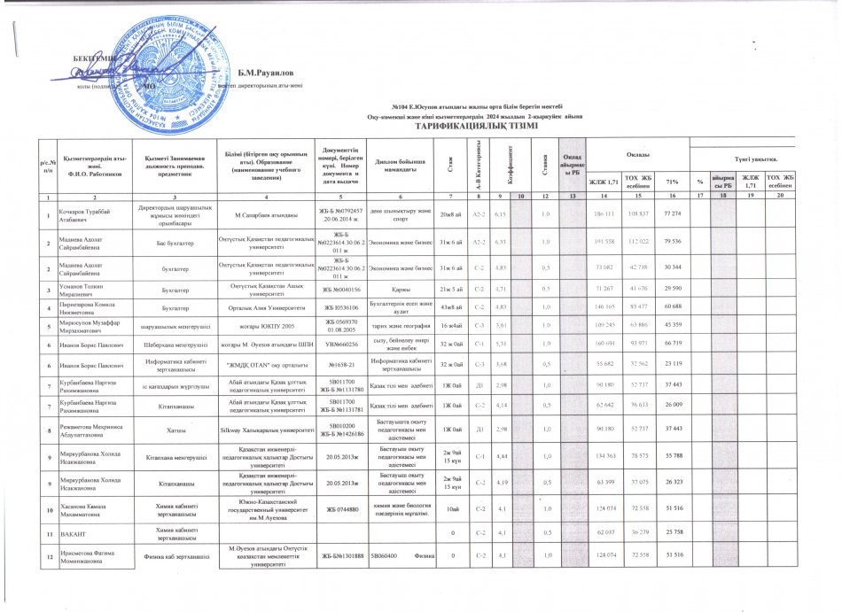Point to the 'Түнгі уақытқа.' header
774,158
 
